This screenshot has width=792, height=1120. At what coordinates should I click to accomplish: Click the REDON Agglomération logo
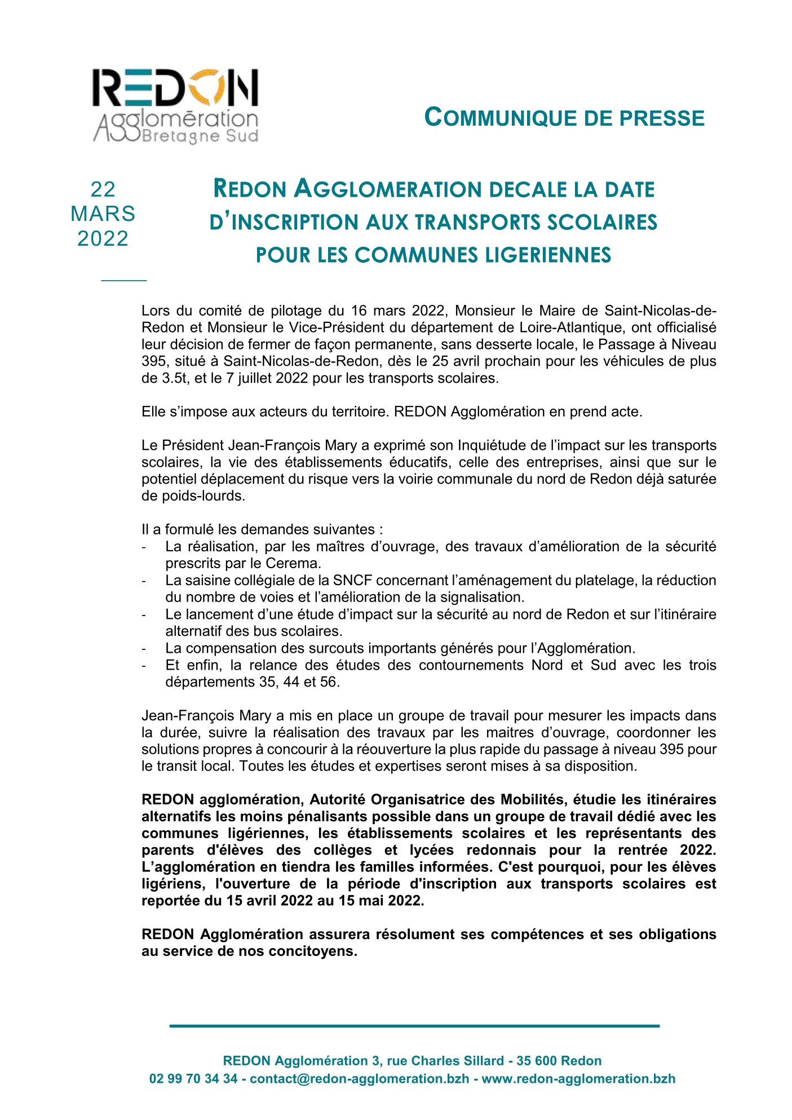pos(175,106)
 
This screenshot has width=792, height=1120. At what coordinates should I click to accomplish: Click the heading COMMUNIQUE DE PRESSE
pos(564,118)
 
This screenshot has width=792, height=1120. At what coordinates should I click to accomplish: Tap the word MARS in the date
pos(103,214)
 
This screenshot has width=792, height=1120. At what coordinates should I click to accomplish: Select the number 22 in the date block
pos(103,189)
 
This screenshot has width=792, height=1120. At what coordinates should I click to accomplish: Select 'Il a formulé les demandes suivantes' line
pos(262,529)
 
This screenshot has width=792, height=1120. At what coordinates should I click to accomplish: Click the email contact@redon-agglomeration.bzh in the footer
pos(359,1078)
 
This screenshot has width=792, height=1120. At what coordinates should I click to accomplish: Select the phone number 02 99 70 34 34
pos(193,1078)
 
